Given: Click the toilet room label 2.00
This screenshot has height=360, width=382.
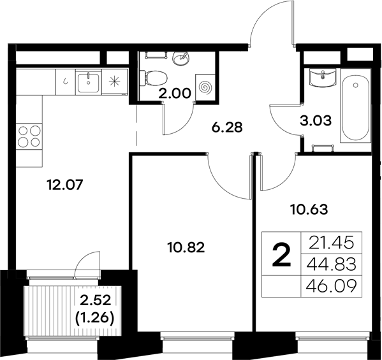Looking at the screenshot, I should tap(175, 93).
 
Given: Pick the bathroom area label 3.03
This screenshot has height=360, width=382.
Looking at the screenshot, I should tap(316, 120).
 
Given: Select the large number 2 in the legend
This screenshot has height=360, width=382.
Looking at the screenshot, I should tap(281, 256).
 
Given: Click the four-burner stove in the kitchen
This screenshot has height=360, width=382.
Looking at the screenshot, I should tap(27, 137).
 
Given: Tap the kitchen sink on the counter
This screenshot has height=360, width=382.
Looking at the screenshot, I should tap(88, 81).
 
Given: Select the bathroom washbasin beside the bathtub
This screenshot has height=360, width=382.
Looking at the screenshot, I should tap(323, 78).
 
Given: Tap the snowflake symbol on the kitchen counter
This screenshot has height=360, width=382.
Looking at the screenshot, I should tap(115, 81).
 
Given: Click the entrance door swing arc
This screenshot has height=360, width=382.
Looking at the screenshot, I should tap(268, 25).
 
